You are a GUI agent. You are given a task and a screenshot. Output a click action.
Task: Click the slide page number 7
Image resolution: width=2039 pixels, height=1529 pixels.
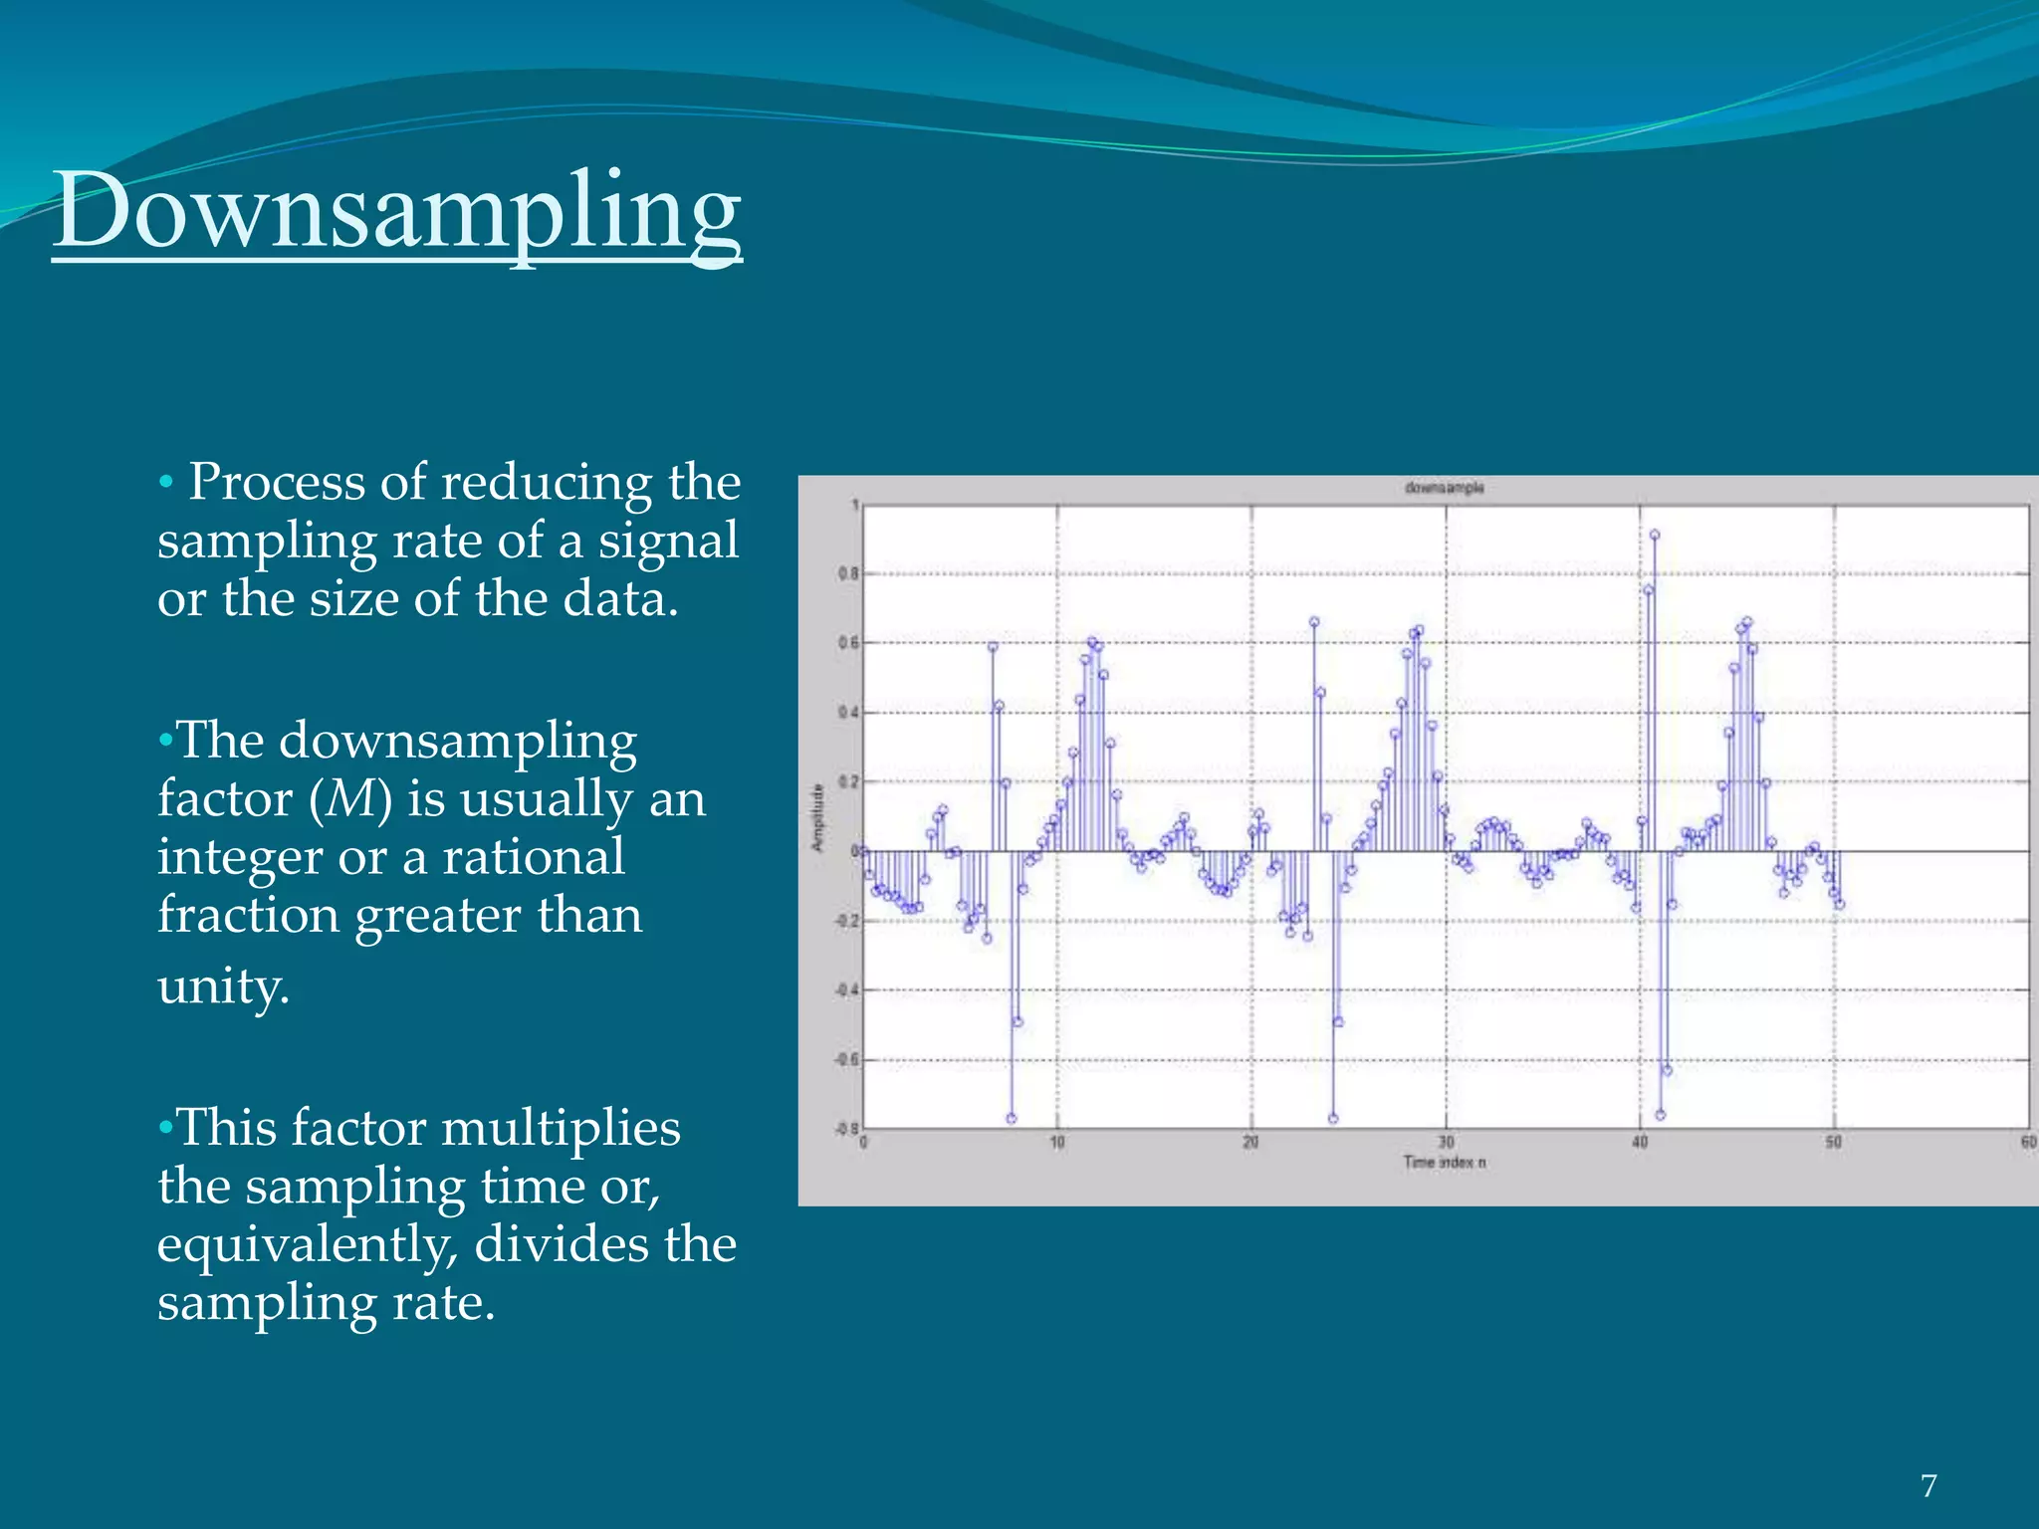(1928, 1486)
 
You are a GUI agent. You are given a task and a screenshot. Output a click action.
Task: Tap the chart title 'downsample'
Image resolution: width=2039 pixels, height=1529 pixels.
(1444, 488)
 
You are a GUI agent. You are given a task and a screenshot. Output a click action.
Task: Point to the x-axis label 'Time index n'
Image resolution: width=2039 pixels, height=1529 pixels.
(1444, 1162)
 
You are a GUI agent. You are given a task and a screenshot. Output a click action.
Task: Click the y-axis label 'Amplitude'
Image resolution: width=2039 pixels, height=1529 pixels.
(818, 817)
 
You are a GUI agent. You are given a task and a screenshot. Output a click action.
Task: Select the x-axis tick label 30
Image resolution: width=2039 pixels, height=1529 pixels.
(1446, 1143)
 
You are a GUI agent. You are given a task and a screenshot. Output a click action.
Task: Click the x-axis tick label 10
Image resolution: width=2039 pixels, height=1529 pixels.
(1057, 1143)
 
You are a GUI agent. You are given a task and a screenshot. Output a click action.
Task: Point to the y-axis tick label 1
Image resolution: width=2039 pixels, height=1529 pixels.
(854, 506)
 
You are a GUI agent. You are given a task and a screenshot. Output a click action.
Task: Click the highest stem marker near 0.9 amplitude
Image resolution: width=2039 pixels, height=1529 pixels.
(1654, 536)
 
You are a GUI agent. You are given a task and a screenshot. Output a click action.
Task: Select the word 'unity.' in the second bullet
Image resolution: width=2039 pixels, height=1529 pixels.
(223, 986)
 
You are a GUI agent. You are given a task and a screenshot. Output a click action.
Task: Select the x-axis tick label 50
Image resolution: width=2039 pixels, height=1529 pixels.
(1833, 1143)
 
